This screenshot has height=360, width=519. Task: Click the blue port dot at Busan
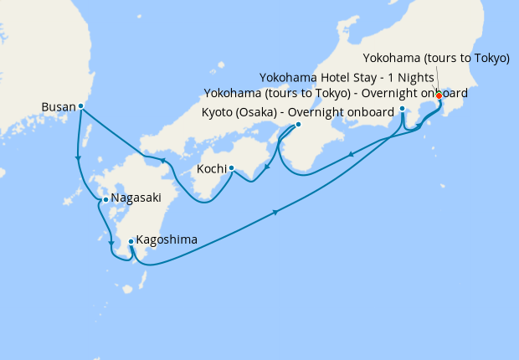click(x=80, y=106)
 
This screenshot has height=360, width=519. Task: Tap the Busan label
click(x=57, y=107)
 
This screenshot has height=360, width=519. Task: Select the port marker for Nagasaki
click(x=105, y=199)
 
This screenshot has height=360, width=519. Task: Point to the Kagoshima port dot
click(x=131, y=242)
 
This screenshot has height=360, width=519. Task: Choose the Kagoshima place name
click(x=168, y=239)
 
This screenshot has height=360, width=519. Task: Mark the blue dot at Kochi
click(x=231, y=168)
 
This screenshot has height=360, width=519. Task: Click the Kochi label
click(x=210, y=169)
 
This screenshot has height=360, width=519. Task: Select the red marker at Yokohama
click(x=439, y=95)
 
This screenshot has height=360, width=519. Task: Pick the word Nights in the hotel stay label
click(x=409, y=75)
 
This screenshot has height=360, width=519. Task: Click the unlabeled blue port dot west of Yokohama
click(x=403, y=109)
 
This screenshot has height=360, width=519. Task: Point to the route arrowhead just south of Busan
click(x=78, y=157)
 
